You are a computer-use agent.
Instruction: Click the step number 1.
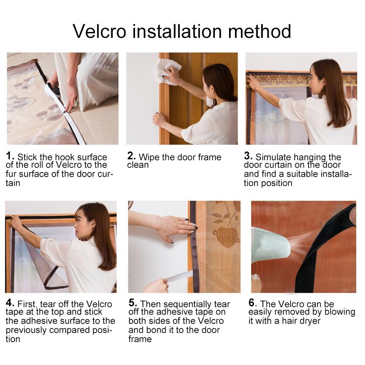pos(10,156)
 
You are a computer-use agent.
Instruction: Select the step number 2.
pos(131,156)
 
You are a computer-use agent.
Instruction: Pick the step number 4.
pos(10,303)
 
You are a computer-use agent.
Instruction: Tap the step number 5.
pos(132,303)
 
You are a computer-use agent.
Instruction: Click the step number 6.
pos(252,303)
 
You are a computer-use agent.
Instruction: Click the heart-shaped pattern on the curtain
pos(226,237)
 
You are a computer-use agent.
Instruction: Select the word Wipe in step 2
pos(149,157)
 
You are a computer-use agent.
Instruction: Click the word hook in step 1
pos(56,157)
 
